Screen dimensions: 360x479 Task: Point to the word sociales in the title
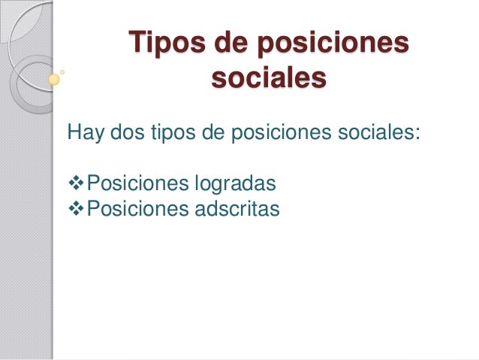[x=269, y=77]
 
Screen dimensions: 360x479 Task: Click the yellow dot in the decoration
[x=53, y=78]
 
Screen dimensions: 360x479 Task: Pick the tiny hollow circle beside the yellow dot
[x=62, y=73]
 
